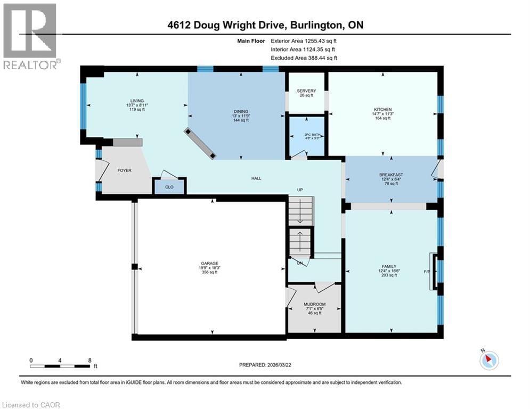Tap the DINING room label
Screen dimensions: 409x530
[240, 111]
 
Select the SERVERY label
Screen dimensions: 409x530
[306, 91]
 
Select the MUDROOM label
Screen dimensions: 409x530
[314, 304]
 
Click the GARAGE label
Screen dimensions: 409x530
[209, 263]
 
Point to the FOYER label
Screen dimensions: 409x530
[124, 170]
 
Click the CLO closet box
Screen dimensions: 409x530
[169, 186]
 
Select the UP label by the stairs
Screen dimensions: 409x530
[300, 190]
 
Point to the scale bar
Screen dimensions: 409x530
[60, 366]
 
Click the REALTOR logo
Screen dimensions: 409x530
[31, 36]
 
